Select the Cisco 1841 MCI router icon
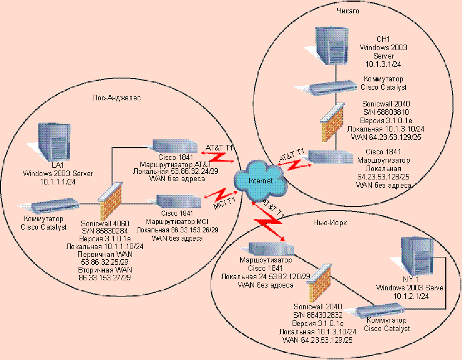(178, 201)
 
